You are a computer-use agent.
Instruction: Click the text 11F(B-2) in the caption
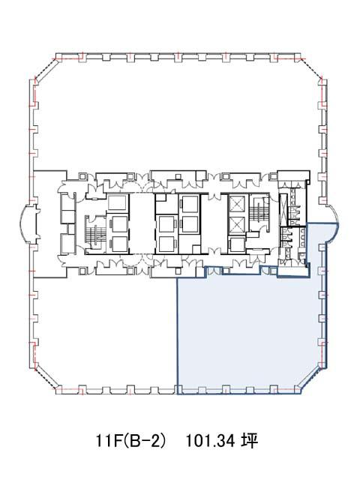(x=132, y=441)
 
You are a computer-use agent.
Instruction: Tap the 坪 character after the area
(x=250, y=441)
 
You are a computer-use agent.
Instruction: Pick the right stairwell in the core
(x=259, y=211)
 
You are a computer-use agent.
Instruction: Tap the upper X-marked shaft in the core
(x=237, y=204)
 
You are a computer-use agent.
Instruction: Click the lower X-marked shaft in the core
(x=237, y=225)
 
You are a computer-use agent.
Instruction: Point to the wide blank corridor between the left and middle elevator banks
(x=142, y=224)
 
